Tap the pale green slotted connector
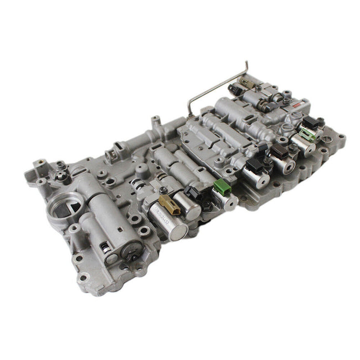coord(306,133)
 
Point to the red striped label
coord(299,105)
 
